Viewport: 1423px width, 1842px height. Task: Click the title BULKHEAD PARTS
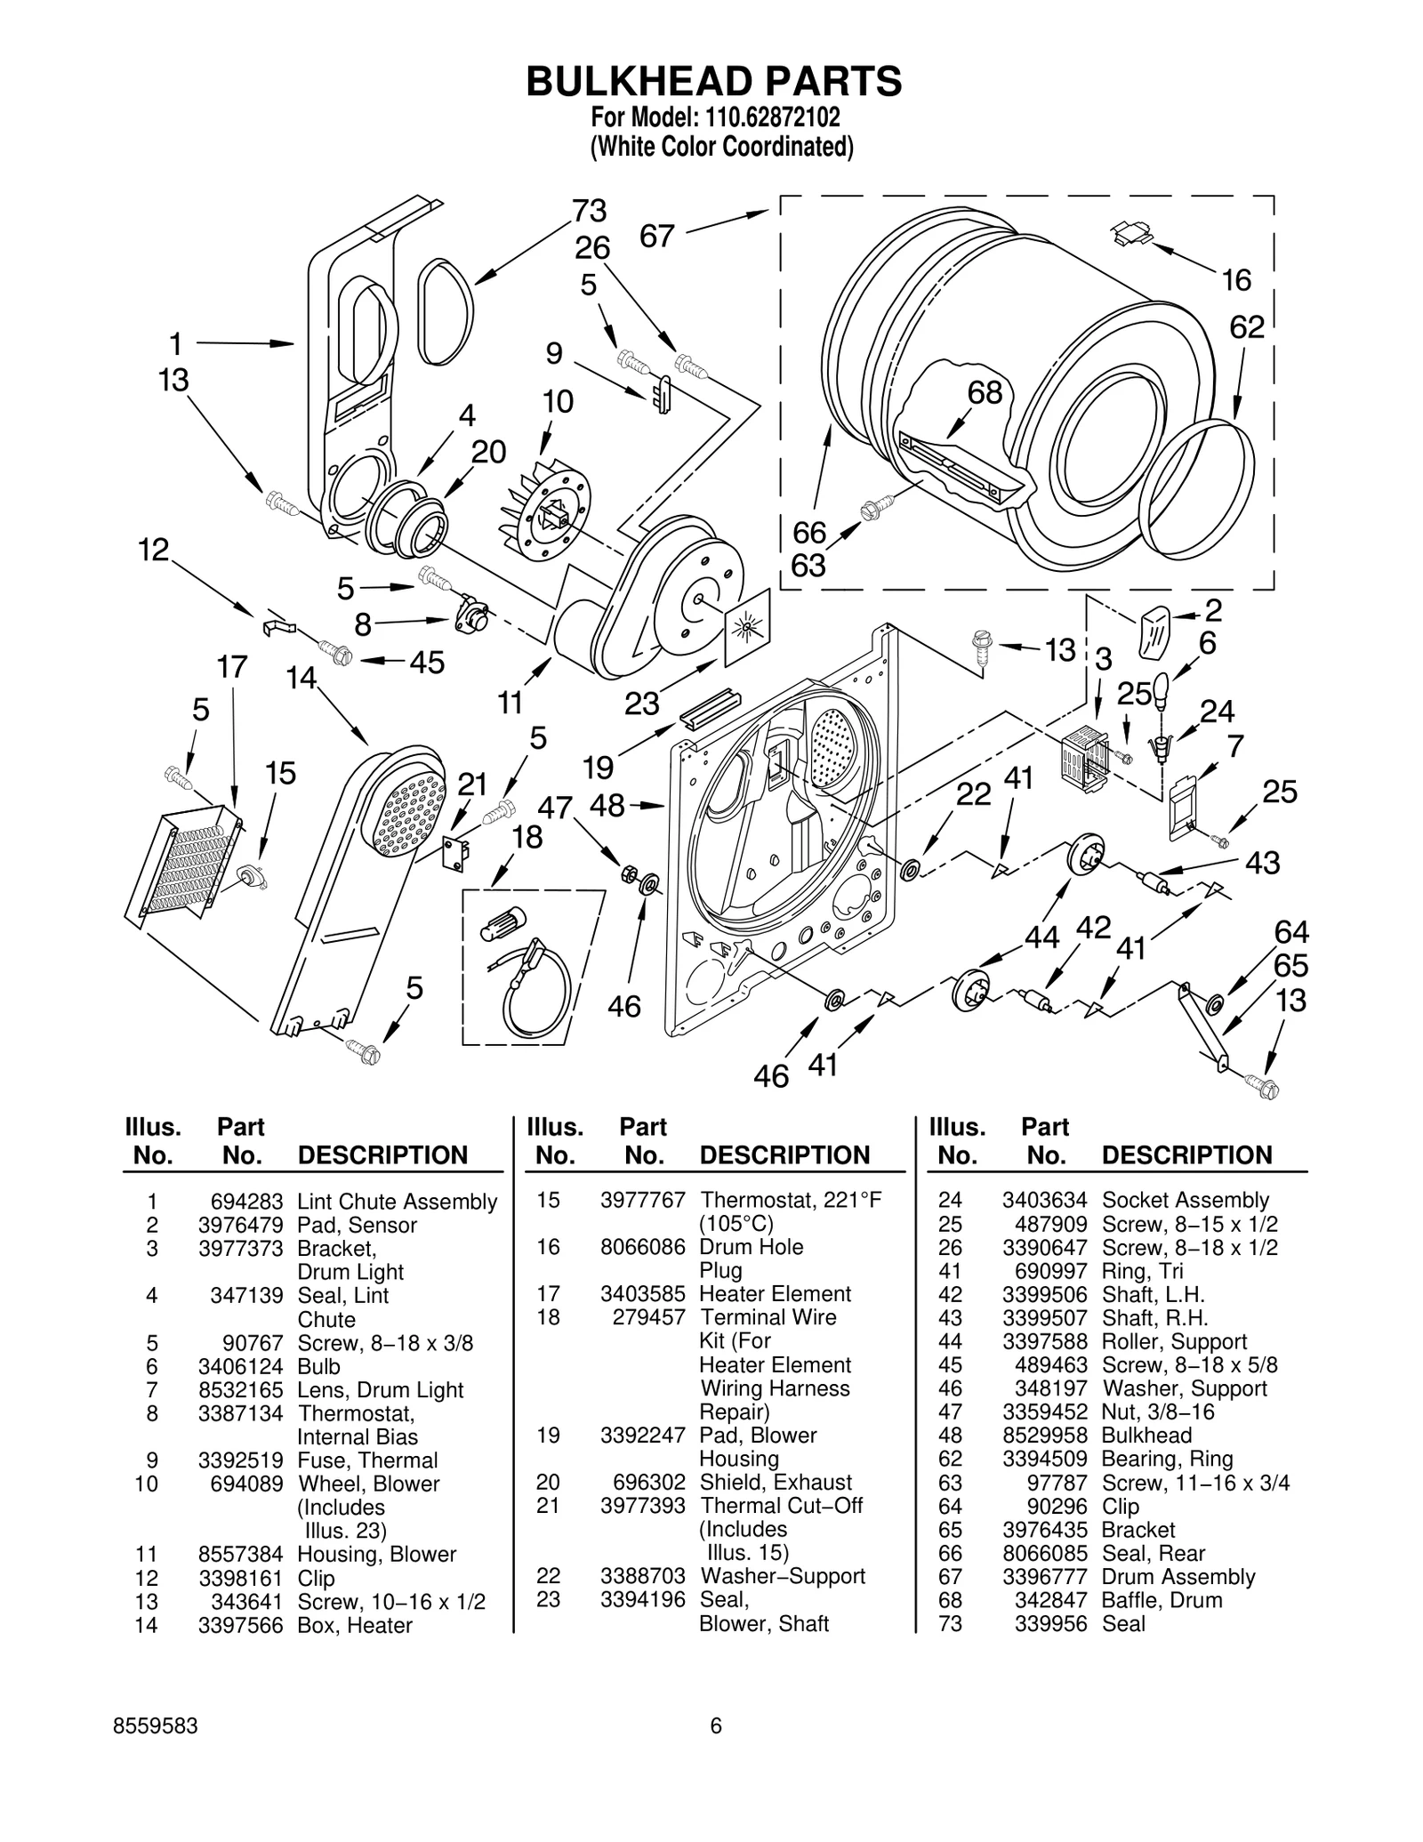click(713, 81)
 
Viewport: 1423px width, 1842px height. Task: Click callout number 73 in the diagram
click(589, 211)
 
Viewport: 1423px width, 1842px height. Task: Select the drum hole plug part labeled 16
click(1130, 234)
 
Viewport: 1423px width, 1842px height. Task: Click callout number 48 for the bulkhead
click(607, 806)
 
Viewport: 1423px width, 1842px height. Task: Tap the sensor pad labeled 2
click(1154, 630)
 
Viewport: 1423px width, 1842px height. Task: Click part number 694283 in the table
click(240, 1202)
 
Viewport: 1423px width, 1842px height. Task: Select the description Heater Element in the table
click(775, 1294)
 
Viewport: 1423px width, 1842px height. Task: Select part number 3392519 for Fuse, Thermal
click(240, 1460)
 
